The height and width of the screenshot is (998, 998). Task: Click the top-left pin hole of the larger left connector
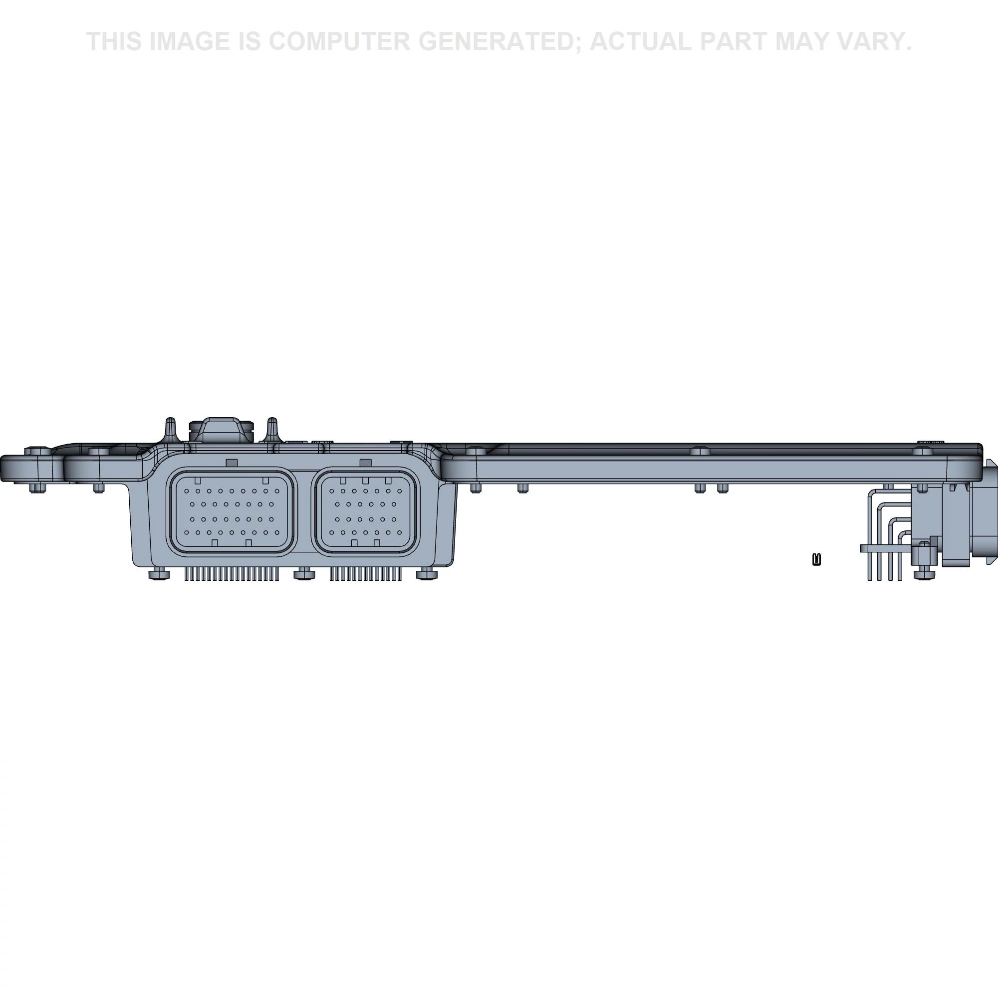click(x=187, y=491)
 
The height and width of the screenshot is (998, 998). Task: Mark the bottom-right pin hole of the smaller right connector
click(x=400, y=532)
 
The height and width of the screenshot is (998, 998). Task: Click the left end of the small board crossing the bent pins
click(x=861, y=548)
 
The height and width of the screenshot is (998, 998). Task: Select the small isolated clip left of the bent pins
click(x=817, y=559)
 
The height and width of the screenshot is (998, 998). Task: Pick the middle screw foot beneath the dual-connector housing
click(x=304, y=573)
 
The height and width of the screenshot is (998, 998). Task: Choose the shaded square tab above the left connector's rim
click(x=232, y=463)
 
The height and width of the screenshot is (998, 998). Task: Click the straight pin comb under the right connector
click(x=366, y=573)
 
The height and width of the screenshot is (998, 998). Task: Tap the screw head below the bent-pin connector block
click(x=924, y=574)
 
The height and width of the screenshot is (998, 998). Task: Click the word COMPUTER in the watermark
click(x=339, y=41)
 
